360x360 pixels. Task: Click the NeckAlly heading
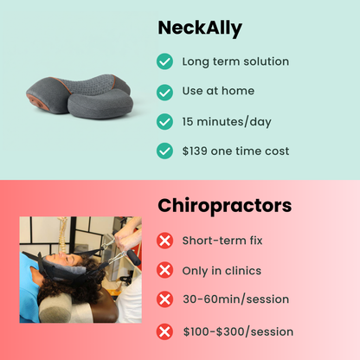[x=200, y=29]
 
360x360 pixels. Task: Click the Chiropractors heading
[x=224, y=207]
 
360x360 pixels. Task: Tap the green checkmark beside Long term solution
[x=164, y=61]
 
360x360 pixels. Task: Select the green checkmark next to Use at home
[x=164, y=91]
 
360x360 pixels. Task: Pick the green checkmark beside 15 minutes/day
[x=164, y=121]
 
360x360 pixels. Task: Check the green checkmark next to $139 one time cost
[x=164, y=151]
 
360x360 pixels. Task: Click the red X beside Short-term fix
[x=164, y=240]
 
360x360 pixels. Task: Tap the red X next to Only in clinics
[x=164, y=270]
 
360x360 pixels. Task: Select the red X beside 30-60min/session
[x=164, y=299]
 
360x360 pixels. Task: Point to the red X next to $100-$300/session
[x=164, y=331]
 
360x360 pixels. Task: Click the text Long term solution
[x=235, y=61]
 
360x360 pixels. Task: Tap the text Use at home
[x=217, y=91]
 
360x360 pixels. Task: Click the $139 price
[x=196, y=151]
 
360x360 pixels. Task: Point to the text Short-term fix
[x=222, y=240]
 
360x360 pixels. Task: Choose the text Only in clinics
[x=222, y=270]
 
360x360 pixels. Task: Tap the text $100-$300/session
[x=238, y=331]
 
